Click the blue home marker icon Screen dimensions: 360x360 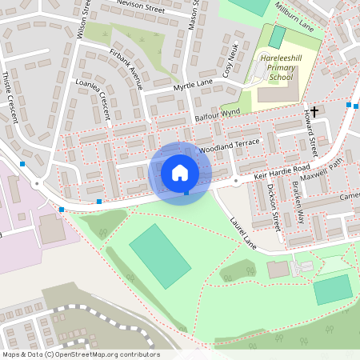[x=180, y=173]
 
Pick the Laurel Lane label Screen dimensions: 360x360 [x=242, y=231]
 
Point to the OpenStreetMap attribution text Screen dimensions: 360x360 [x=80, y=354]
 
